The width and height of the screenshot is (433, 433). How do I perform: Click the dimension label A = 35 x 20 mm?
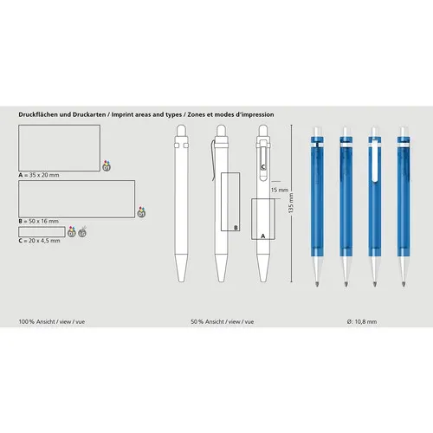click(38, 174)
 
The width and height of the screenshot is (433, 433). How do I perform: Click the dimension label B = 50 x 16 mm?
click(40, 223)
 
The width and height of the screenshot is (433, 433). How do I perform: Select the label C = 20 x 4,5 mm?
click(40, 240)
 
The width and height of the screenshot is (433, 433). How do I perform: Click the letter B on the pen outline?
click(235, 229)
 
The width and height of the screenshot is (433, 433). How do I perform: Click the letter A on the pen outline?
click(262, 235)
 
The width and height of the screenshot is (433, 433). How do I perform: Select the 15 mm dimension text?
click(278, 189)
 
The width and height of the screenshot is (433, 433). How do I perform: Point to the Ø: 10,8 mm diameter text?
click(362, 321)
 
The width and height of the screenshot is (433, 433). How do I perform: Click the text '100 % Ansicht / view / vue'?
click(50, 321)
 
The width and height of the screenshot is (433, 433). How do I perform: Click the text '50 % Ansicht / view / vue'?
click(222, 321)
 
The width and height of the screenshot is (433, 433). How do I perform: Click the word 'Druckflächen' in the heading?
click(38, 113)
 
